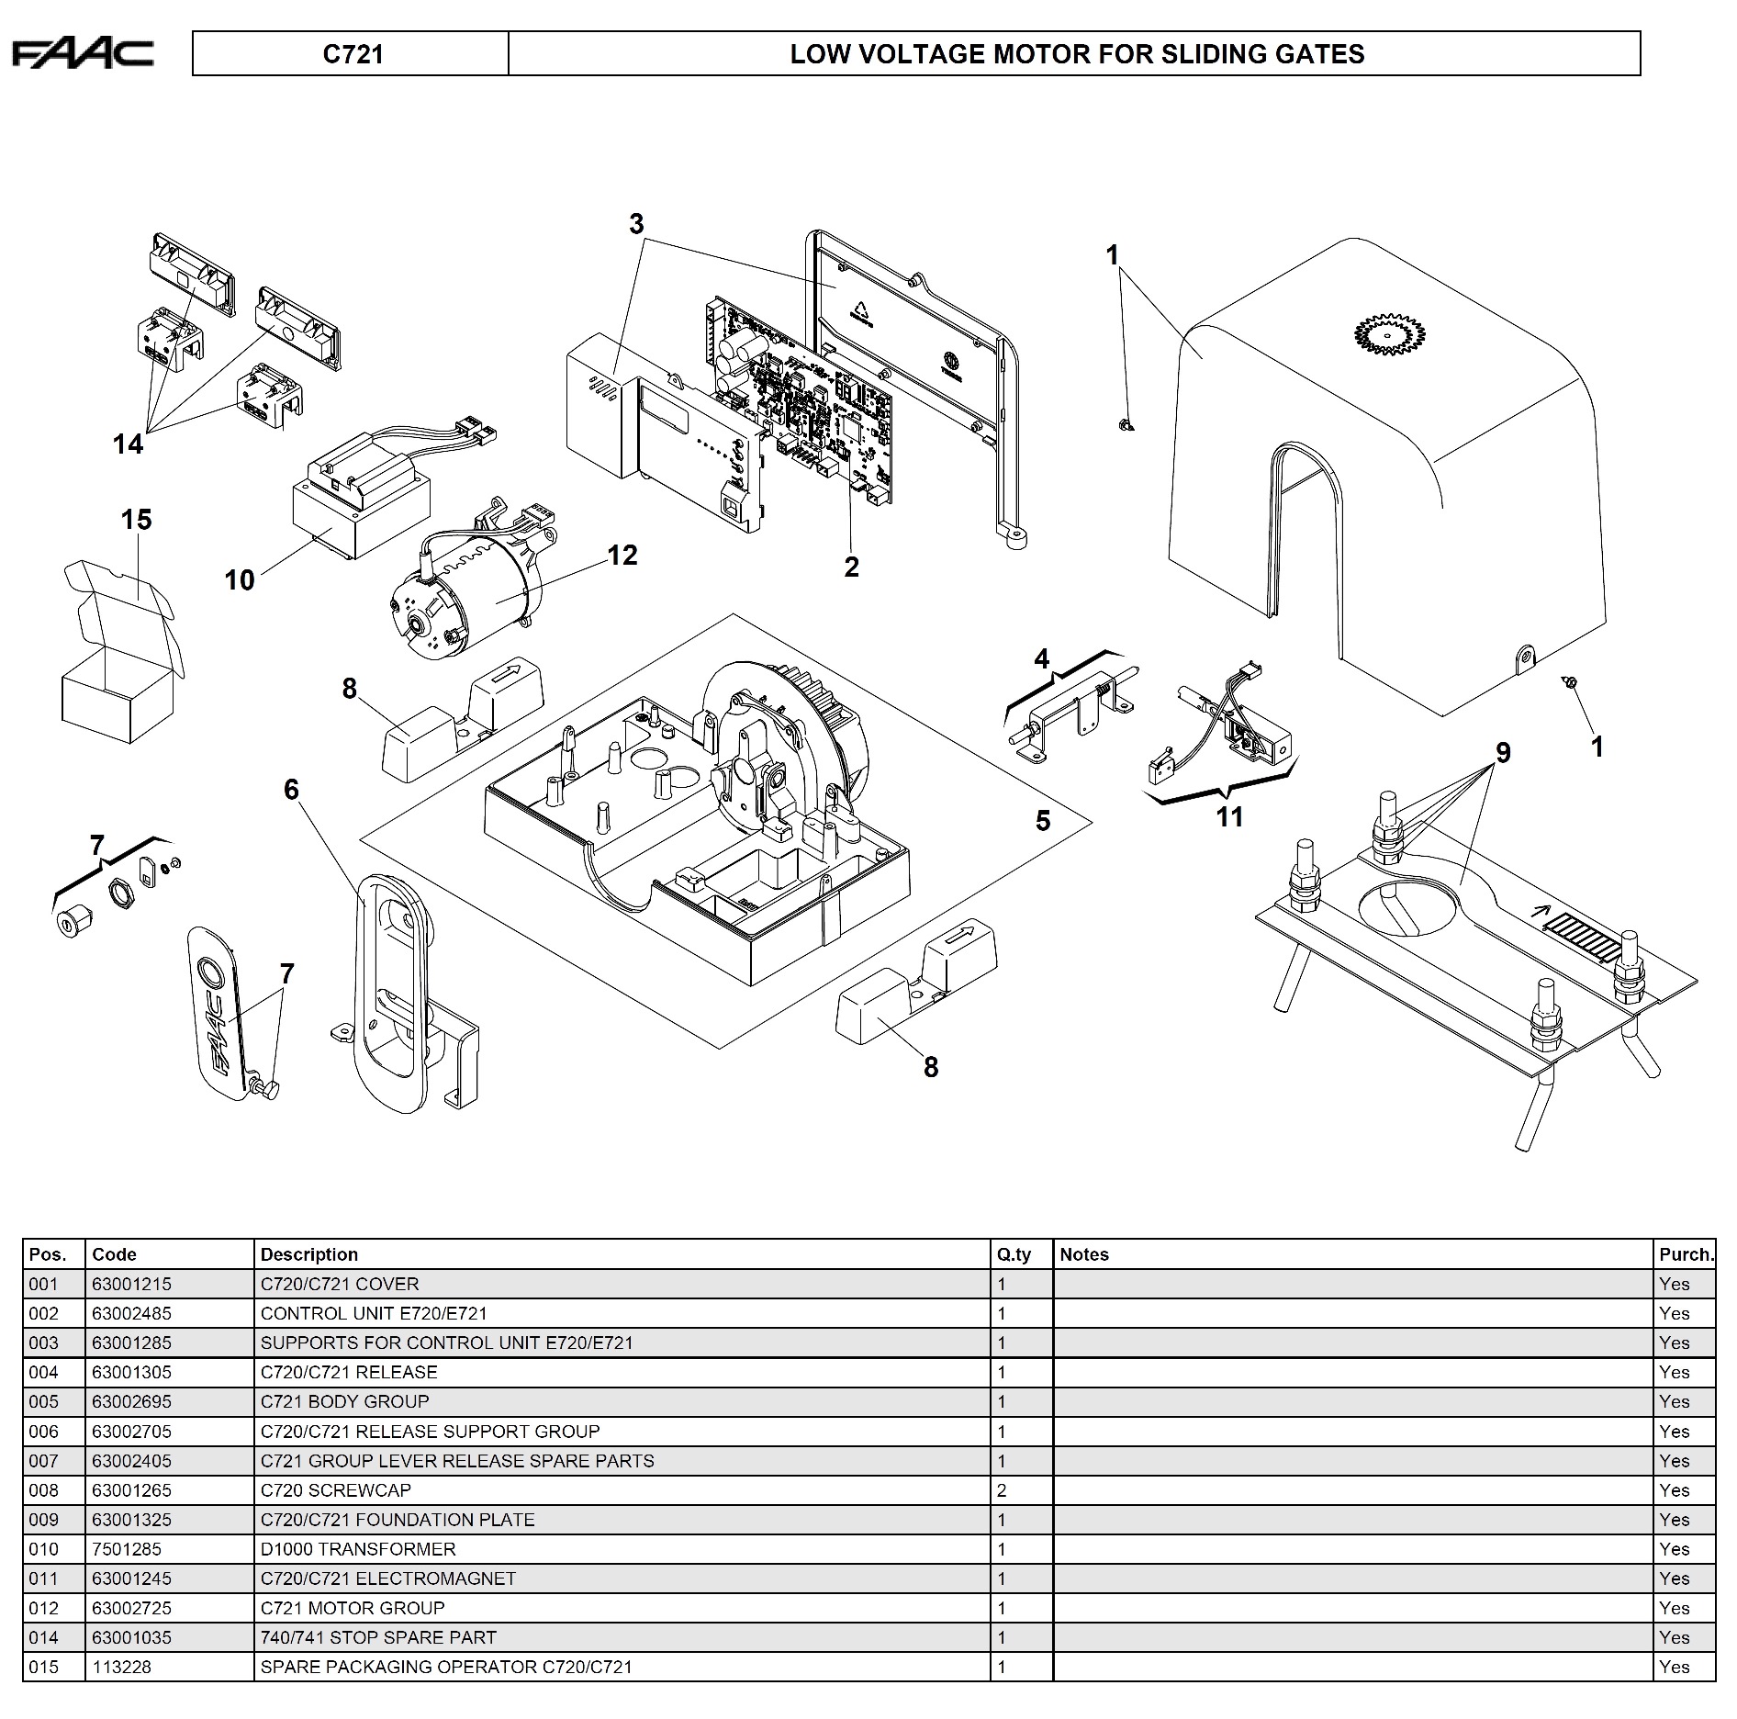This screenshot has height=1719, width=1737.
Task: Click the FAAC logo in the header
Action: [x=83, y=54]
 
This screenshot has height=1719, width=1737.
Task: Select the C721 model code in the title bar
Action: [x=353, y=54]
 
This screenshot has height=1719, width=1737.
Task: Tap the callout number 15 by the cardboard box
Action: [x=136, y=520]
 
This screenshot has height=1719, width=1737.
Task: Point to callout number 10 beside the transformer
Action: [x=240, y=580]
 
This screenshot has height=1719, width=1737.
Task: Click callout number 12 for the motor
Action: [x=622, y=556]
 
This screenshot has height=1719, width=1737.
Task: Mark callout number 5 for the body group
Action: [x=1043, y=820]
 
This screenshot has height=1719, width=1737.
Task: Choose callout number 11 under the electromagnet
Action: [x=1229, y=816]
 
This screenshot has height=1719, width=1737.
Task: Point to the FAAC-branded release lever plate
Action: [x=219, y=1009]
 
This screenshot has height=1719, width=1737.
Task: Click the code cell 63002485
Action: [x=131, y=1313]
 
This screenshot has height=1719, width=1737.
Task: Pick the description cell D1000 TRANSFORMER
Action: [x=358, y=1549]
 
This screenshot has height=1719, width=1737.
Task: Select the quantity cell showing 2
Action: [x=1002, y=1490]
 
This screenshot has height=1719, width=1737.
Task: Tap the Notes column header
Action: [x=1084, y=1254]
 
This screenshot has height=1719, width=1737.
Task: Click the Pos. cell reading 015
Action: [x=44, y=1667]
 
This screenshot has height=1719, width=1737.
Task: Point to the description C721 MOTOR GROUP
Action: [x=353, y=1608]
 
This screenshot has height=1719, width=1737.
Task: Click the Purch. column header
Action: [x=1686, y=1254]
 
